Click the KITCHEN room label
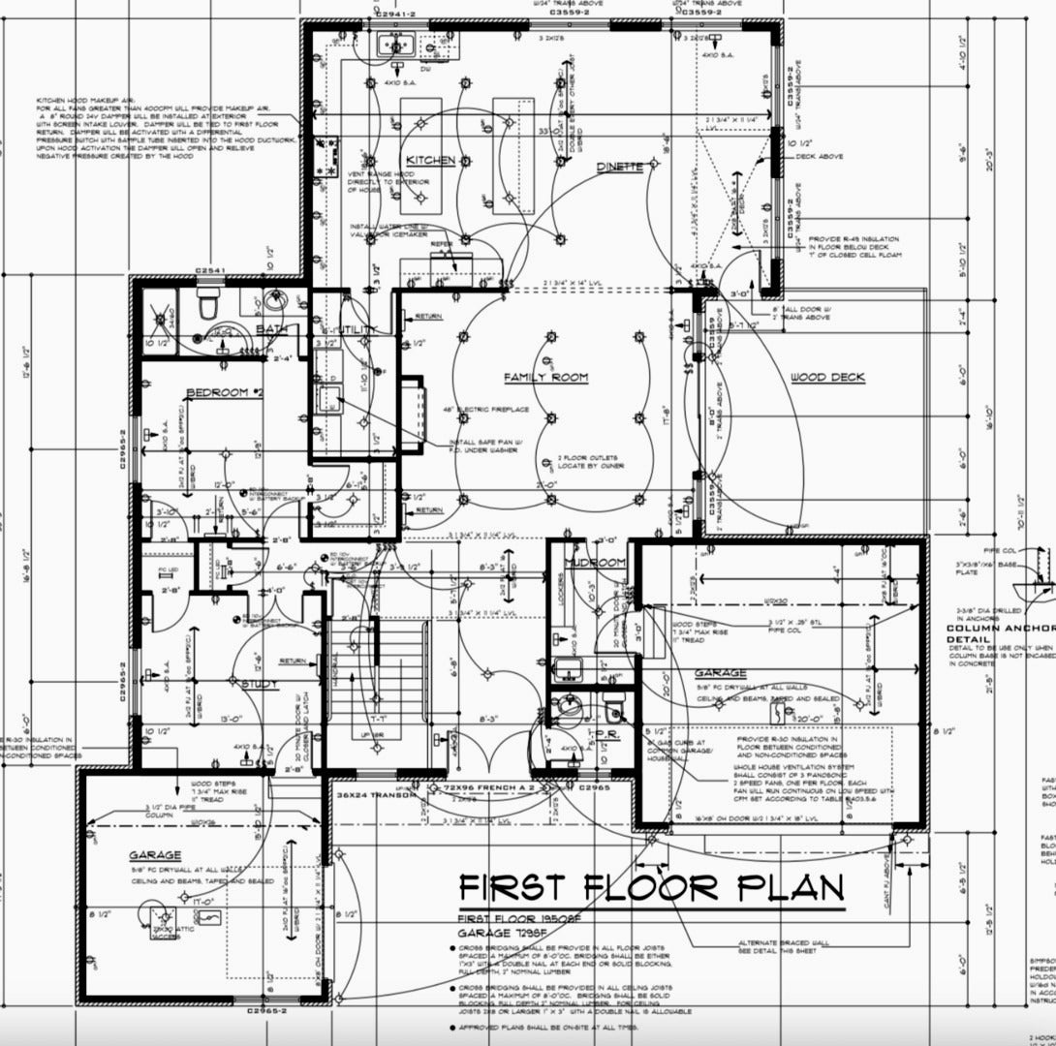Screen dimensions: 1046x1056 click(x=430, y=160)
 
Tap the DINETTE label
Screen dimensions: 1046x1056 click(x=620, y=167)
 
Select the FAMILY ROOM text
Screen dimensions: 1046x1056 click(x=545, y=378)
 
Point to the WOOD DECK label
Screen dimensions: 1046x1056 click(x=827, y=378)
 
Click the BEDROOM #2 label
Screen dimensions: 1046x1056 click(x=225, y=392)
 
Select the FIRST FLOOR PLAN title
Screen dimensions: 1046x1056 click(x=650, y=887)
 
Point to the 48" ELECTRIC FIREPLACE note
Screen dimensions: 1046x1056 click(x=486, y=410)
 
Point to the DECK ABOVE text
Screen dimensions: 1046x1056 click(x=818, y=156)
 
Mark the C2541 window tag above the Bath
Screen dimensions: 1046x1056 click(x=210, y=270)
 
